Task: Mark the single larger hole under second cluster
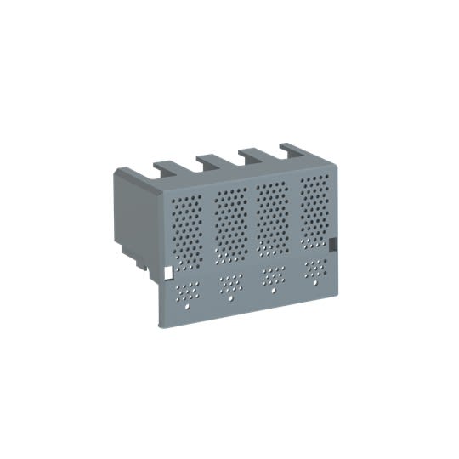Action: point(229,297)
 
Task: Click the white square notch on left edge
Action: point(167,273)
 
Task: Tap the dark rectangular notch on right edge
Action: point(334,244)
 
